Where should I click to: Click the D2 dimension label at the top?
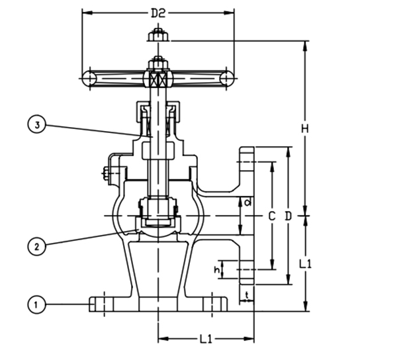(158, 13)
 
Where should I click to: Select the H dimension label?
(305, 129)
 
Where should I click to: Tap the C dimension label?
(272, 216)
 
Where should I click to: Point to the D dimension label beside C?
(288, 216)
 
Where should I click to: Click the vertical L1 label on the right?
(305, 264)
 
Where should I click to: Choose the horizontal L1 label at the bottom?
(206, 339)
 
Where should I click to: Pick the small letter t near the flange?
(247, 294)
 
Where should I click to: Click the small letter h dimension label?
(217, 270)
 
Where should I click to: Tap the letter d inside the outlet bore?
(248, 202)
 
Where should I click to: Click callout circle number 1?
(36, 304)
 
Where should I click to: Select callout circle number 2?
(36, 246)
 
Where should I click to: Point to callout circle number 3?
(37, 125)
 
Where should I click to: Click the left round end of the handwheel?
(89, 78)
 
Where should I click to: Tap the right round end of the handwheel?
(227, 78)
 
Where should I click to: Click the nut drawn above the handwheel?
(158, 36)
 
